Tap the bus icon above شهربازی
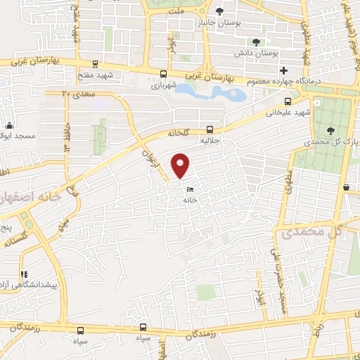(164, 74)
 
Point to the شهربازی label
(164, 86)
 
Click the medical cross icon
(283, 71)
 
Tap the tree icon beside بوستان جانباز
(219, 11)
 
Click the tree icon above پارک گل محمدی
(331, 130)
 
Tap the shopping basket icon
(347, 187)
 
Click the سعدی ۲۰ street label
(75, 93)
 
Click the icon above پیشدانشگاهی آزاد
(24, 275)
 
